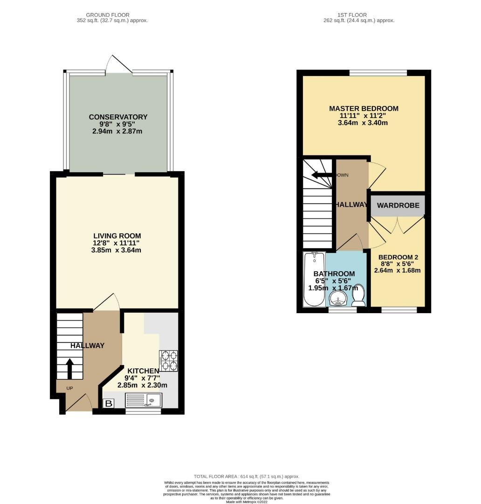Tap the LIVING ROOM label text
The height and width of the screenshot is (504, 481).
tap(117, 236)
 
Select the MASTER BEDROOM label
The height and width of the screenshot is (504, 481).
tap(364, 108)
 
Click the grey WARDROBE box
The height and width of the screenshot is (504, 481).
tap(398, 205)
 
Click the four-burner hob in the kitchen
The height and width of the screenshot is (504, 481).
tap(168, 361)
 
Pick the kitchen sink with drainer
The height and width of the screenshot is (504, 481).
tap(144, 400)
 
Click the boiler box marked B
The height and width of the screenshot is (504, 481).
tap(108, 403)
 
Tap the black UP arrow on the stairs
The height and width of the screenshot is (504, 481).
tap(69, 368)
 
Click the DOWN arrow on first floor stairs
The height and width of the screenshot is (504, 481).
tap(322, 175)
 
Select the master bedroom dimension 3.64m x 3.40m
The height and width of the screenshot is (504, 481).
tap(364, 123)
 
